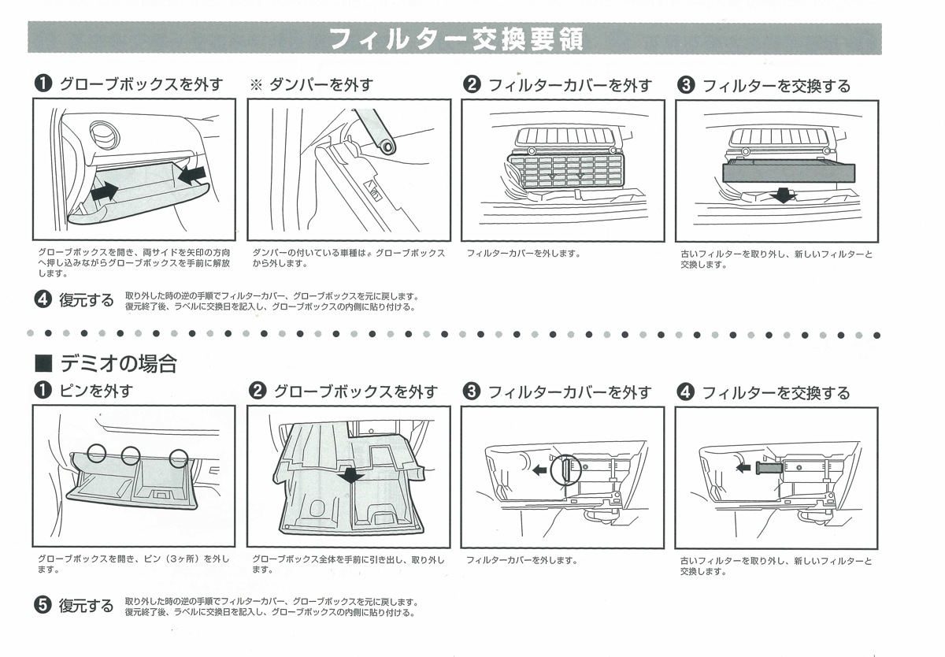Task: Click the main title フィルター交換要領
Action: pyautogui.click(x=455, y=39)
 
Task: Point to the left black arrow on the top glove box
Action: pyautogui.click(x=105, y=190)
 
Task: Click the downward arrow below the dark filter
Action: pyautogui.click(x=783, y=194)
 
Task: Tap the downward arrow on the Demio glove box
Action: pyautogui.click(x=350, y=475)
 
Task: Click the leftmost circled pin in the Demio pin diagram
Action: pyautogui.click(x=97, y=452)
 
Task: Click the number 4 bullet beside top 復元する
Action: pyautogui.click(x=43, y=299)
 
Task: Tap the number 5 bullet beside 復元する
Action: pyautogui.click(x=43, y=605)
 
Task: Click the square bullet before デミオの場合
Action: pyautogui.click(x=44, y=364)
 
